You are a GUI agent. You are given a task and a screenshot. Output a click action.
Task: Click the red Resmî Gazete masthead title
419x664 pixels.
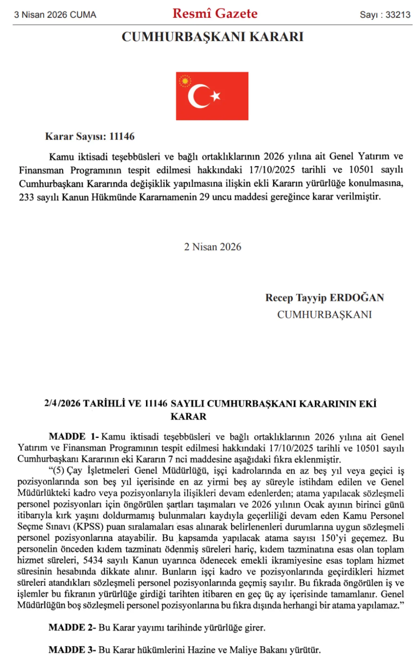215,13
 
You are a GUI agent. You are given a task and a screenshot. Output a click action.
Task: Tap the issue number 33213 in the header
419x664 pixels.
398,15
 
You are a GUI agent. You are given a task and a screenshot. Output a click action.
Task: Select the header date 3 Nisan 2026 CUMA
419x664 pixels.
55,15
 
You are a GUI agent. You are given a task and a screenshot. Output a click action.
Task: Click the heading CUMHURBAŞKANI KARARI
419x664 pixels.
212,37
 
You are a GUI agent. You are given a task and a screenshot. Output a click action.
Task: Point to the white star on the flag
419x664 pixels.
215,96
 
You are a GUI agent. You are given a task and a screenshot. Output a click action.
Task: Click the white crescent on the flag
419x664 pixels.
197,96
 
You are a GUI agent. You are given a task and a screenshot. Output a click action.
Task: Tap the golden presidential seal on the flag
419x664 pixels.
185,81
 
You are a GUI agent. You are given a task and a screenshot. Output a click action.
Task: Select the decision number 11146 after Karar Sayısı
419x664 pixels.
122,136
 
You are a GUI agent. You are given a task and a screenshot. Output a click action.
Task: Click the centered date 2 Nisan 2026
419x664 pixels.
212,247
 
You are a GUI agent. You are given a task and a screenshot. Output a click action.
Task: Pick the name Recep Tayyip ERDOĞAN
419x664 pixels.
324,298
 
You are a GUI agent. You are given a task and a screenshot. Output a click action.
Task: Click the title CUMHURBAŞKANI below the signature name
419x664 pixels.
324,314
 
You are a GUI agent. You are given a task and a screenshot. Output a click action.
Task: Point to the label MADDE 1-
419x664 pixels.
74,437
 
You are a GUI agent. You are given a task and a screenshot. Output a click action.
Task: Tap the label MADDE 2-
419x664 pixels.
72,627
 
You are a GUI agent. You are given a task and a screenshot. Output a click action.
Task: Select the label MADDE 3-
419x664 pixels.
72,650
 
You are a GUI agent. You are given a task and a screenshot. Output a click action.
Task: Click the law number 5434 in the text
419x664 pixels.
93,560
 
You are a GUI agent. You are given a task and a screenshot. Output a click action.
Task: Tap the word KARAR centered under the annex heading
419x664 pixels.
189,416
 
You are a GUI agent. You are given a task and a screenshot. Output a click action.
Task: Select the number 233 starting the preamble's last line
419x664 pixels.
26,197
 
